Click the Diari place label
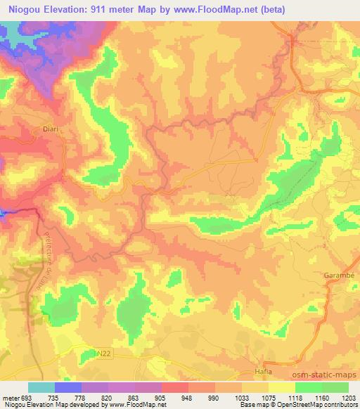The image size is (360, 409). pos(51,129)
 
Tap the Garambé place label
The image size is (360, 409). pos(338,277)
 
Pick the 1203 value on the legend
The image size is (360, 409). pos(348,396)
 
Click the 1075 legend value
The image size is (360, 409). pos(269,396)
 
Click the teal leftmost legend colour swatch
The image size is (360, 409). pos(41,387)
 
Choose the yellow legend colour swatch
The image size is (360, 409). pos(281,387)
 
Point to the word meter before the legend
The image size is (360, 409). pos(11,396)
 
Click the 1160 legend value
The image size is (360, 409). pos(321,396)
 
